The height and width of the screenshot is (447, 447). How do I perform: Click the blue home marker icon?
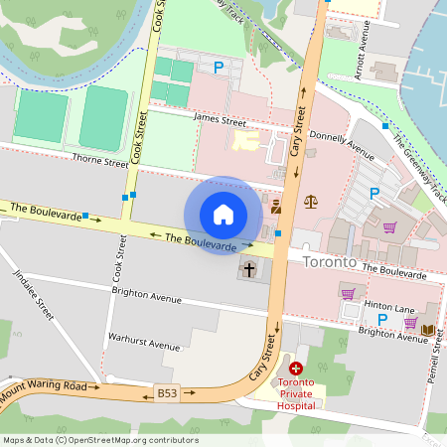(223, 215)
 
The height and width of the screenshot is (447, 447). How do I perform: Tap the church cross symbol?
(248, 268)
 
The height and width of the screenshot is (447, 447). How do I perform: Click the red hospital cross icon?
(296, 369)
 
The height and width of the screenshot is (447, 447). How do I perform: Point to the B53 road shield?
(168, 393)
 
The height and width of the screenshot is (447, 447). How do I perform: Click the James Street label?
(220, 121)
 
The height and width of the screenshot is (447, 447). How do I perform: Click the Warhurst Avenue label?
(144, 343)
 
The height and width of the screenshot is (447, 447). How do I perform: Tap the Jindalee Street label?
(47, 297)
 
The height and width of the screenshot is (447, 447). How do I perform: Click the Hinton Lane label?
(389, 309)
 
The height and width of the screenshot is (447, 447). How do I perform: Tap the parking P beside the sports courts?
(219, 68)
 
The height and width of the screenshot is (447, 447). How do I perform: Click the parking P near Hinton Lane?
(382, 320)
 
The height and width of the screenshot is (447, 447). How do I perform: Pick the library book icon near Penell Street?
(427, 330)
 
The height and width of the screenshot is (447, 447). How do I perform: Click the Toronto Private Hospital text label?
(297, 393)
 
